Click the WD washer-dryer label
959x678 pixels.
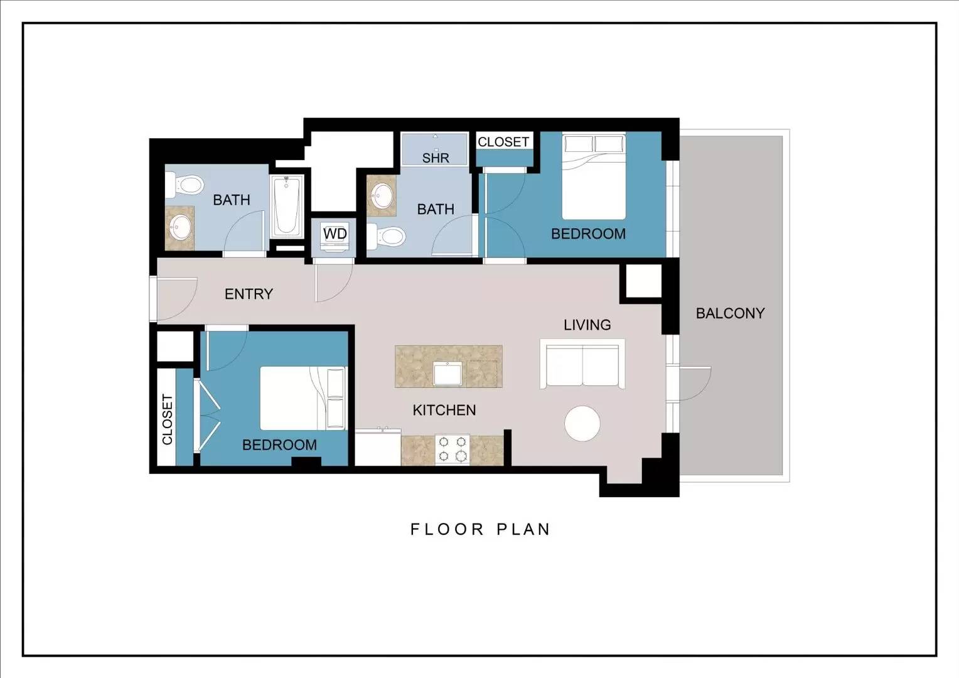coord(335,234)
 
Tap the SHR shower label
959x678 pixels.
coord(436,158)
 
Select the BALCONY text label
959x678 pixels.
coord(731,313)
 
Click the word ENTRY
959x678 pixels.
coord(249,294)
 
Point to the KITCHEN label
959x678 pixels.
coord(444,411)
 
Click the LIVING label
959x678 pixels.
coord(587,325)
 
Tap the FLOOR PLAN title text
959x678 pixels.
coord(480,529)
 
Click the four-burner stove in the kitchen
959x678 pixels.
coord(453,449)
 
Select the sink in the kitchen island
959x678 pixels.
coord(448,374)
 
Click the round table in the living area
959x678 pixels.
coord(582,423)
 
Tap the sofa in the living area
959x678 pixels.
coord(582,364)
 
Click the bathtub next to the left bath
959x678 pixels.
coord(287,206)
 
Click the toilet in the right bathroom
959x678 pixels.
coord(386,237)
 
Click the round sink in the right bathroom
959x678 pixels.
coord(382,195)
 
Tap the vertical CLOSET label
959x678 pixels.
coord(168,419)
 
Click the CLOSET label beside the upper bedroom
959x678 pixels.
coord(503,142)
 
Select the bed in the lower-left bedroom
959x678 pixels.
coord(303,398)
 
